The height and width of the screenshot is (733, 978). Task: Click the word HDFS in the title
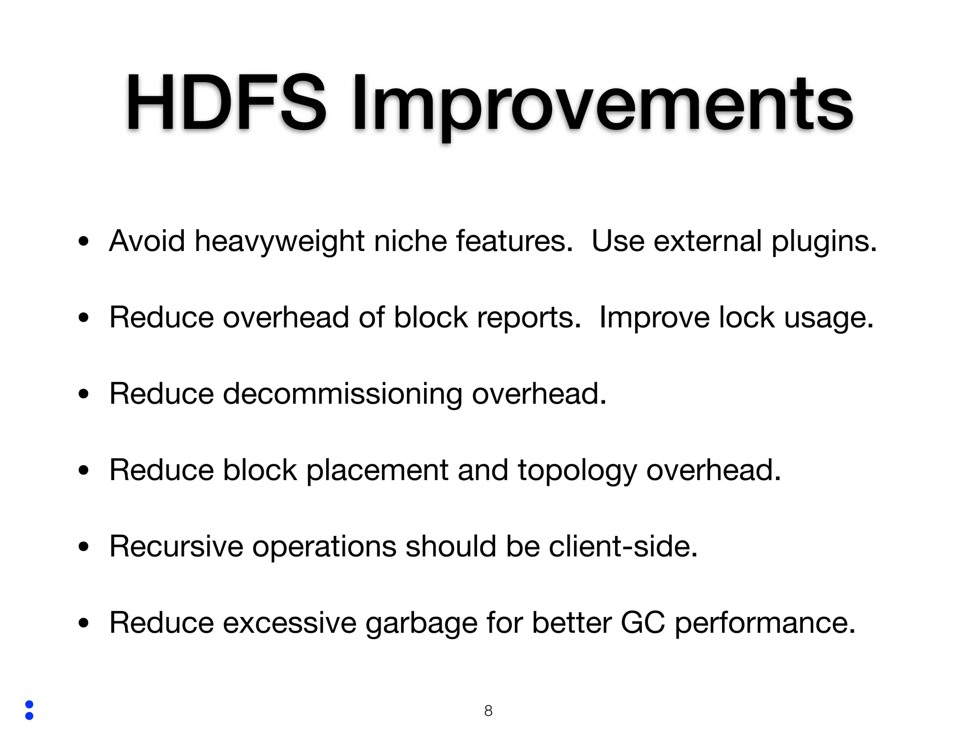[225, 103]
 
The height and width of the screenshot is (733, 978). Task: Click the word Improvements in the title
[602, 105]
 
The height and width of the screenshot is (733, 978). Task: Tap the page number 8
[488, 711]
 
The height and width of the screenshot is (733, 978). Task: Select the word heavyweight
[279, 241]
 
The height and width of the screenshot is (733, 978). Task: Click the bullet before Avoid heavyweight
[84, 241]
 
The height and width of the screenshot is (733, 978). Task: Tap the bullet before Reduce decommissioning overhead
[84, 394]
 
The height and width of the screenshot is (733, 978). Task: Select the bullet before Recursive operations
[84, 547]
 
